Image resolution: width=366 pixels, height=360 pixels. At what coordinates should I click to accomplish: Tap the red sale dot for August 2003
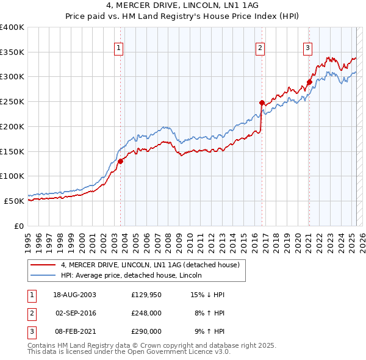(121, 161)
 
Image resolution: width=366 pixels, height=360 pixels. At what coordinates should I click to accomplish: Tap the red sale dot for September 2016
(262, 103)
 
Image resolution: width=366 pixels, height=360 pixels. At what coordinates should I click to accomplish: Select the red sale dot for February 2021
(309, 82)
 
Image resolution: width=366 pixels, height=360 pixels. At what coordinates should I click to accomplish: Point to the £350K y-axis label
(12, 52)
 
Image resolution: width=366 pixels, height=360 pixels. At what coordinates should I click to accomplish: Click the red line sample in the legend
(43, 265)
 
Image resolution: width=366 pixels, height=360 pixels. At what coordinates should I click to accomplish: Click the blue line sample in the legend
(43, 275)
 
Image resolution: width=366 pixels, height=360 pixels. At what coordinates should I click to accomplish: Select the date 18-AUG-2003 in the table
(75, 295)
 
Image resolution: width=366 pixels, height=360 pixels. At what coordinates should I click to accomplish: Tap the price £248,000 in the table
(146, 313)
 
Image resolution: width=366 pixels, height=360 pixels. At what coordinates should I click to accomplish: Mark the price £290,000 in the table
(146, 331)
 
